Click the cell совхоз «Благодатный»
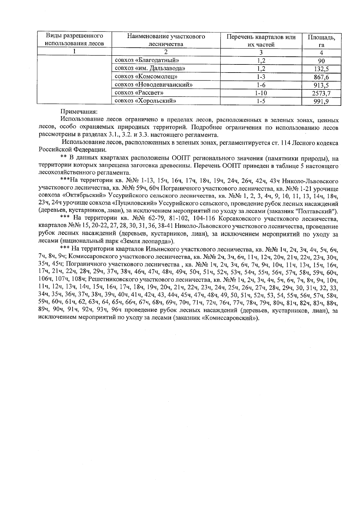(147, 60)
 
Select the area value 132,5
(321, 69)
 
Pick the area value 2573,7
(321, 93)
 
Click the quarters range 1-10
(261, 93)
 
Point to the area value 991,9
(321, 101)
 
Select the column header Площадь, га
(321, 41)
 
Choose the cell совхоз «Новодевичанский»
(154, 85)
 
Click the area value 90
(321, 61)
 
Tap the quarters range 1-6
(261, 85)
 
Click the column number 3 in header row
(261, 52)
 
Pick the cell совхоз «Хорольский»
(145, 101)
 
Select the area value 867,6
(321, 77)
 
